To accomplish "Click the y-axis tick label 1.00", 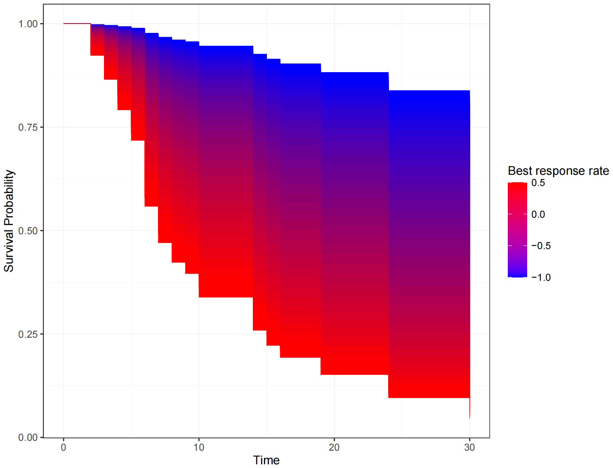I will click(x=28, y=24).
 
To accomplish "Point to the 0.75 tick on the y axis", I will click(x=28, y=127).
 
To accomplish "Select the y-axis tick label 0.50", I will click(x=28, y=231).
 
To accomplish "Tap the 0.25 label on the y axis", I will click(x=28, y=334).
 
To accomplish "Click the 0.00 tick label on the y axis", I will click(x=28, y=437).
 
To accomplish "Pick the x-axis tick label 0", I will click(x=64, y=447).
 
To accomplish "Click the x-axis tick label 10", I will click(x=199, y=447).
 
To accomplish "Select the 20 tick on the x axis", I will click(x=334, y=447).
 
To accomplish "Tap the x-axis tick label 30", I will click(x=469, y=447).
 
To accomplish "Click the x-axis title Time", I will click(x=266, y=460).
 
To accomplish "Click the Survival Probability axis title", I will click(x=9, y=221).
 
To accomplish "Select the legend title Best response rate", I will click(x=558, y=171).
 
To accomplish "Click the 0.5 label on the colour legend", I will click(x=538, y=183).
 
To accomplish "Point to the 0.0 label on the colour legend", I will click(x=538, y=214).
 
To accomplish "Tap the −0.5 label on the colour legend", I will click(x=541, y=246).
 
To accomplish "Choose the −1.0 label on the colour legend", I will click(x=541, y=278).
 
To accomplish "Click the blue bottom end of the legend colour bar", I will click(x=517, y=274).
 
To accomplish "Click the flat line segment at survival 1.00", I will click(x=77, y=24).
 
